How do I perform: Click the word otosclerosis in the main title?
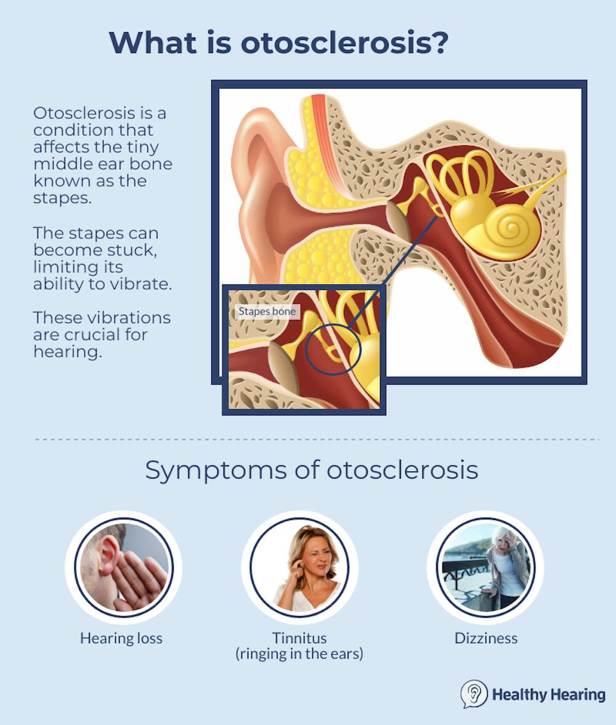(338, 42)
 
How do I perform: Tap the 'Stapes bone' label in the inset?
(267, 311)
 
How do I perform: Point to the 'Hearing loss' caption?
(121, 638)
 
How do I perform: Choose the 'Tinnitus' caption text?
(299, 638)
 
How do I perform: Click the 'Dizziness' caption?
(486, 638)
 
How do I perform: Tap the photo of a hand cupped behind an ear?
(124, 567)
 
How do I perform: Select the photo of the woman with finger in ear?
(299, 567)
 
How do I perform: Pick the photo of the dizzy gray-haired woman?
(485, 567)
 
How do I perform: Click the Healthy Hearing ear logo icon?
(474, 694)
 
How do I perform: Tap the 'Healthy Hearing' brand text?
(548, 694)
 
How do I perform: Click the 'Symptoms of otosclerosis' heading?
(312, 470)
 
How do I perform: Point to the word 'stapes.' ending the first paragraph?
(62, 198)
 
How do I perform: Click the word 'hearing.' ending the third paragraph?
(68, 352)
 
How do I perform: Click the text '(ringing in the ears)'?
(299, 654)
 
